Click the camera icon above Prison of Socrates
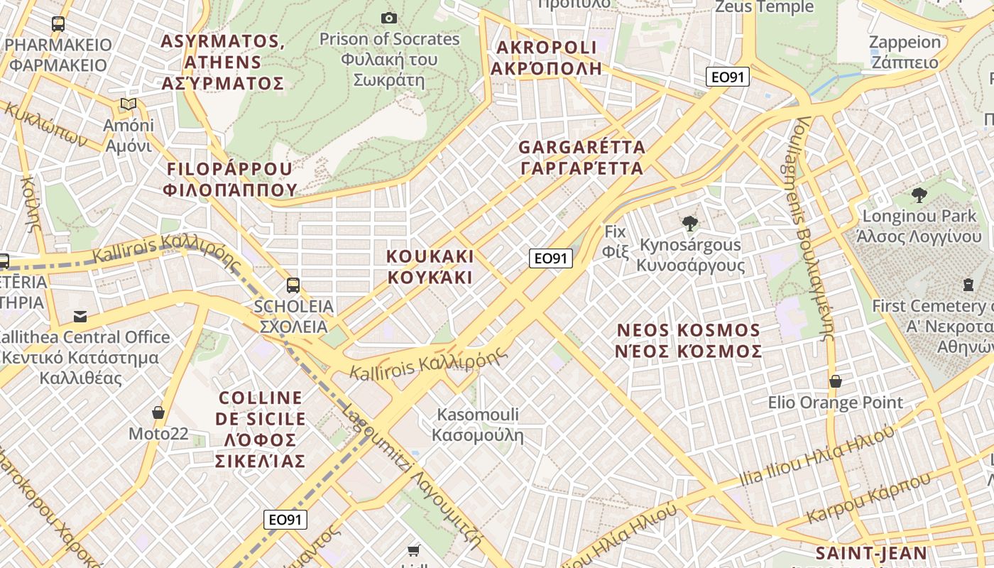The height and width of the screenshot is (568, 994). (389, 18)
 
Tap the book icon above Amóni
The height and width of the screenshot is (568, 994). (129, 104)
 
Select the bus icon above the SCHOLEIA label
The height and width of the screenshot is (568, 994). (293, 285)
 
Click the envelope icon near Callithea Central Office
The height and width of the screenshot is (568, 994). (80, 316)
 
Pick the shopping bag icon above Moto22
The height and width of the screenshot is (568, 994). (158, 413)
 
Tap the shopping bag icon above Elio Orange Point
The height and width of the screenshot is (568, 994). (836, 381)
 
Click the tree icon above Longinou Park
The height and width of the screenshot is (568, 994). (919, 195)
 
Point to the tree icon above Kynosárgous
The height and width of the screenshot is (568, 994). (689, 224)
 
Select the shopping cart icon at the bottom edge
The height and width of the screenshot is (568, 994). (414, 550)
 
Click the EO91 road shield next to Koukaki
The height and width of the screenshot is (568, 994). (551, 258)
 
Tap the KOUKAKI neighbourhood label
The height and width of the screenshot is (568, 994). (430, 266)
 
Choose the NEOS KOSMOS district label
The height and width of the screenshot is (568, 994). (689, 341)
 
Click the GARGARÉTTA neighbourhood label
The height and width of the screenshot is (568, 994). (582, 158)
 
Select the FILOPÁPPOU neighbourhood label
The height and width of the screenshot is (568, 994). (229, 179)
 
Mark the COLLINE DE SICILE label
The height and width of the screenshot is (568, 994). (261, 429)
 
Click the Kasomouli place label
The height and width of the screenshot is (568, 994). (478, 425)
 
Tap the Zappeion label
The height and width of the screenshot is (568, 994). (905, 52)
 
